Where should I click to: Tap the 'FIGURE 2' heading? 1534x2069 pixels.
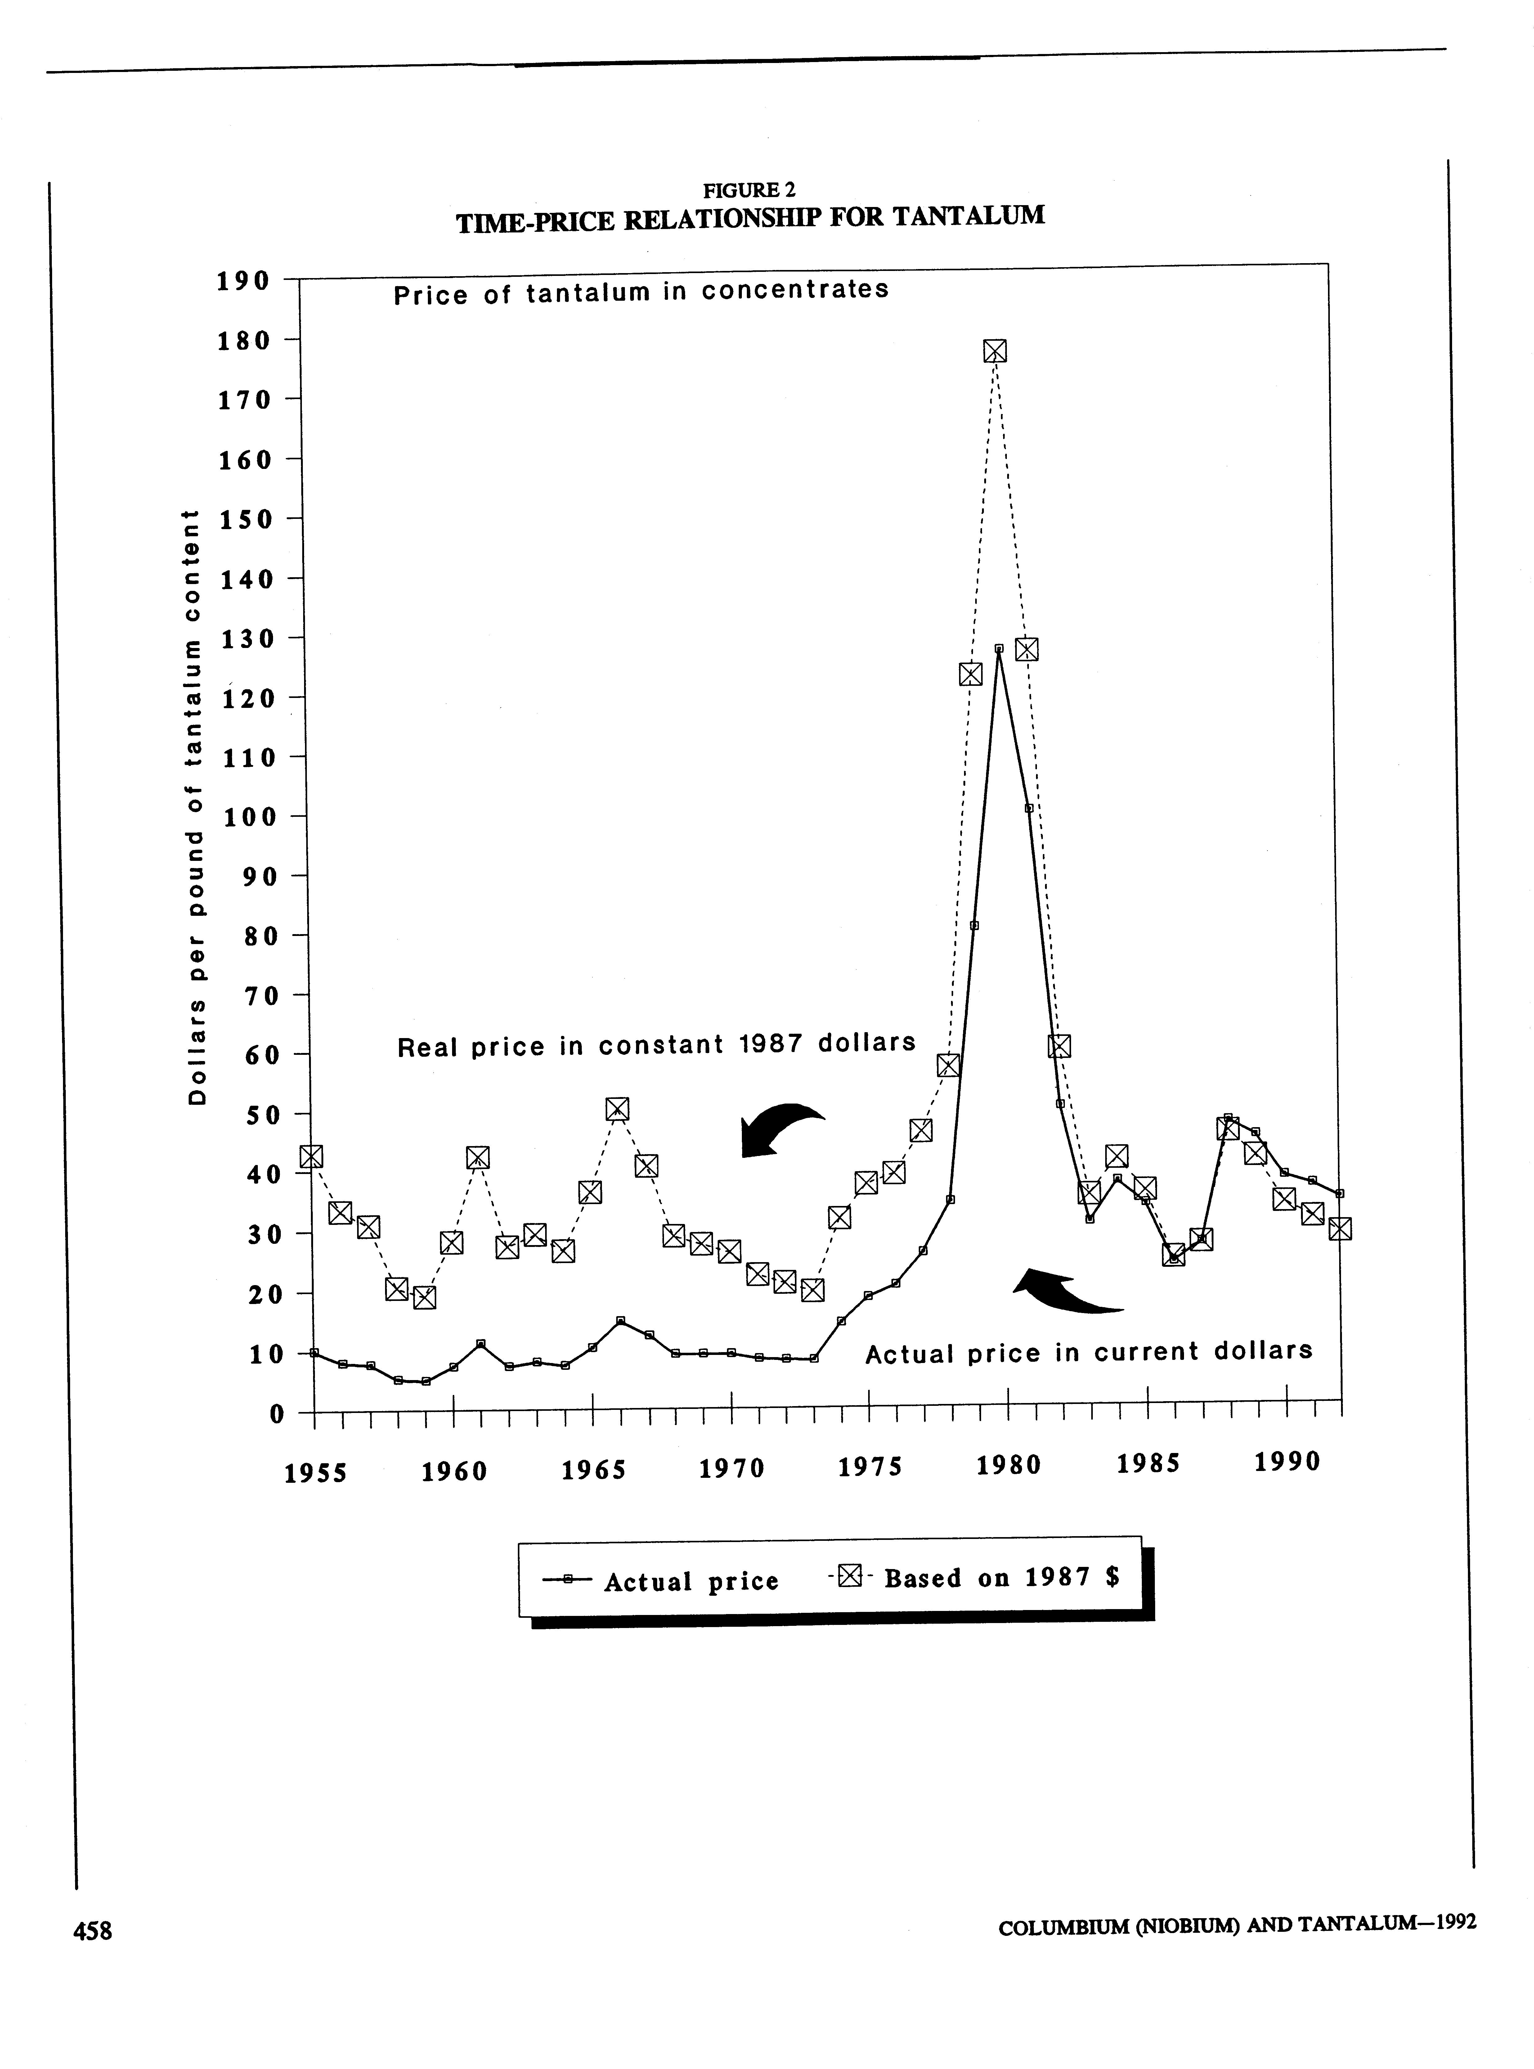point(749,190)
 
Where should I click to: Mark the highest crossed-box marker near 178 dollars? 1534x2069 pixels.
point(994,351)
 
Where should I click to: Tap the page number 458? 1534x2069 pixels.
point(93,1931)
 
